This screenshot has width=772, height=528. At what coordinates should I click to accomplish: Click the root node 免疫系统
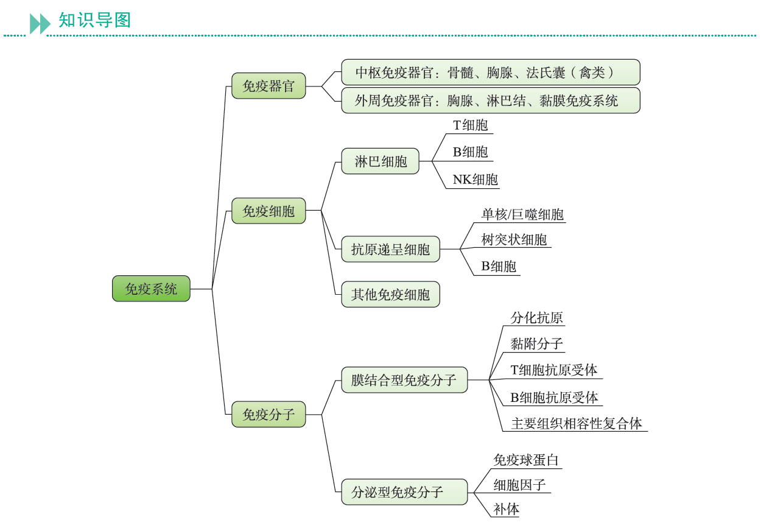tap(151, 289)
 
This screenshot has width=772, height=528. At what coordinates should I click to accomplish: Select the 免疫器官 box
tap(268, 86)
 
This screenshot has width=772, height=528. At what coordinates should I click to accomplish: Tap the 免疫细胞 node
tap(268, 211)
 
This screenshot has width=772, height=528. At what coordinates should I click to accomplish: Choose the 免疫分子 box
tap(268, 415)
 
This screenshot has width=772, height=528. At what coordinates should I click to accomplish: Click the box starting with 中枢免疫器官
tap(490, 72)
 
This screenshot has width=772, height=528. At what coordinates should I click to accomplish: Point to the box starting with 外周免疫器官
tap(490, 100)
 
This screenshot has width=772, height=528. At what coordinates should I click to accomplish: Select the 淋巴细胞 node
tap(381, 161)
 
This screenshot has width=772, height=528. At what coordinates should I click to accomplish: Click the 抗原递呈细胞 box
tap(390, 249)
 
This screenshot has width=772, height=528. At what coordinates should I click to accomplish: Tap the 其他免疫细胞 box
tap(390, 295)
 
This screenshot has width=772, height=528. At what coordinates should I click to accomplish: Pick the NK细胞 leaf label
tap(475, 180)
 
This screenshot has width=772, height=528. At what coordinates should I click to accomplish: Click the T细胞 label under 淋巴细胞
tap(470, 125)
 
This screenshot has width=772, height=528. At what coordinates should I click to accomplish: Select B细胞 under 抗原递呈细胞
tap(499, 266)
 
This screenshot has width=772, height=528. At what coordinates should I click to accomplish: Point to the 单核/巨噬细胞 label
tap(522, 214)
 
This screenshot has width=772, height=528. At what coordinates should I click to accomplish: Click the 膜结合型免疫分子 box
tap(404, 380)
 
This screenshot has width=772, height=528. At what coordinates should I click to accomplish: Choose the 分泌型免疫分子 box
tap(404, 492)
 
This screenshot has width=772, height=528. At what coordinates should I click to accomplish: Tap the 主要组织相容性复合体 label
tap(576, 423)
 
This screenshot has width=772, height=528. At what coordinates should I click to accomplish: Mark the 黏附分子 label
tap(536, 344)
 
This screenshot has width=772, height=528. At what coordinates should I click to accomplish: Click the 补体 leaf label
tap(507, 509)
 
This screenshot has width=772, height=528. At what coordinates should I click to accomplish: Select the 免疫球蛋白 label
tap(525, 460)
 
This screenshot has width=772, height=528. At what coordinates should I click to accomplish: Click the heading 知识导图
tap(94, 20)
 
